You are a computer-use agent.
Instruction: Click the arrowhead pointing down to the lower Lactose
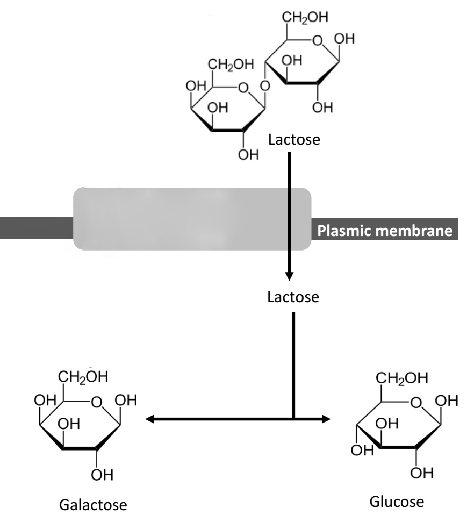(x=290, y=276)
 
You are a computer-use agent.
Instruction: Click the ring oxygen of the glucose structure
(x=415, y=403)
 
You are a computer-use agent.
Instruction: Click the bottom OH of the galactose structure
(x=98, y=474)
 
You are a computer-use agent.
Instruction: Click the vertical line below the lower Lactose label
(x=294, y=366)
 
